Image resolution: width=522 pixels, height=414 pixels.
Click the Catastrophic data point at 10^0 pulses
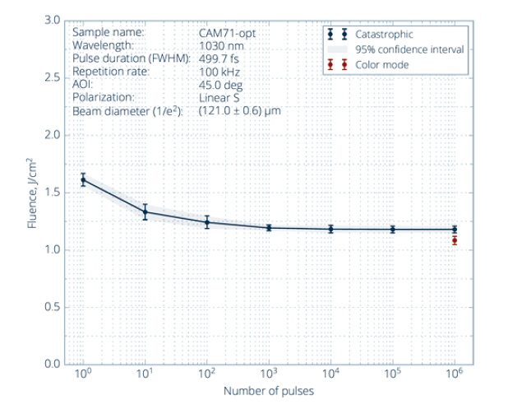(83, 179)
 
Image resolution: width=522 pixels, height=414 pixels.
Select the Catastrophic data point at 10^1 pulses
(146, 212)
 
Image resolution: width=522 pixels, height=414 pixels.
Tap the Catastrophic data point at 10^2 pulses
(207, 222)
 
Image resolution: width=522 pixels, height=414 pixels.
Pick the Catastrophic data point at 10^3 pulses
(269, 228)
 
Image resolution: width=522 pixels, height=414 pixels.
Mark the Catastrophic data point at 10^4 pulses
(330, 229)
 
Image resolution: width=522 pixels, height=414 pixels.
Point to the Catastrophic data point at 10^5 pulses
(392, 229)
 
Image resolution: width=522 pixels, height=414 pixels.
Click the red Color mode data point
(454, 240)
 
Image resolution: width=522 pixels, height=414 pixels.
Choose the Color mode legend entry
(378, 64)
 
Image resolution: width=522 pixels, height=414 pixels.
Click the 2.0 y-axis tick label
(51, 134)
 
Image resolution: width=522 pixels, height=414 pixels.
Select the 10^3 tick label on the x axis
(269, 375)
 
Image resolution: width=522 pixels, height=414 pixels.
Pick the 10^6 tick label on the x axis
(454, 375)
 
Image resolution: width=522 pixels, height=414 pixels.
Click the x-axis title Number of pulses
(269, 391)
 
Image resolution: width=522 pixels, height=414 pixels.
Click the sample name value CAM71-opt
(226, 32)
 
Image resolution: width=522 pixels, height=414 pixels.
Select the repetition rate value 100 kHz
(217, 71)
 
